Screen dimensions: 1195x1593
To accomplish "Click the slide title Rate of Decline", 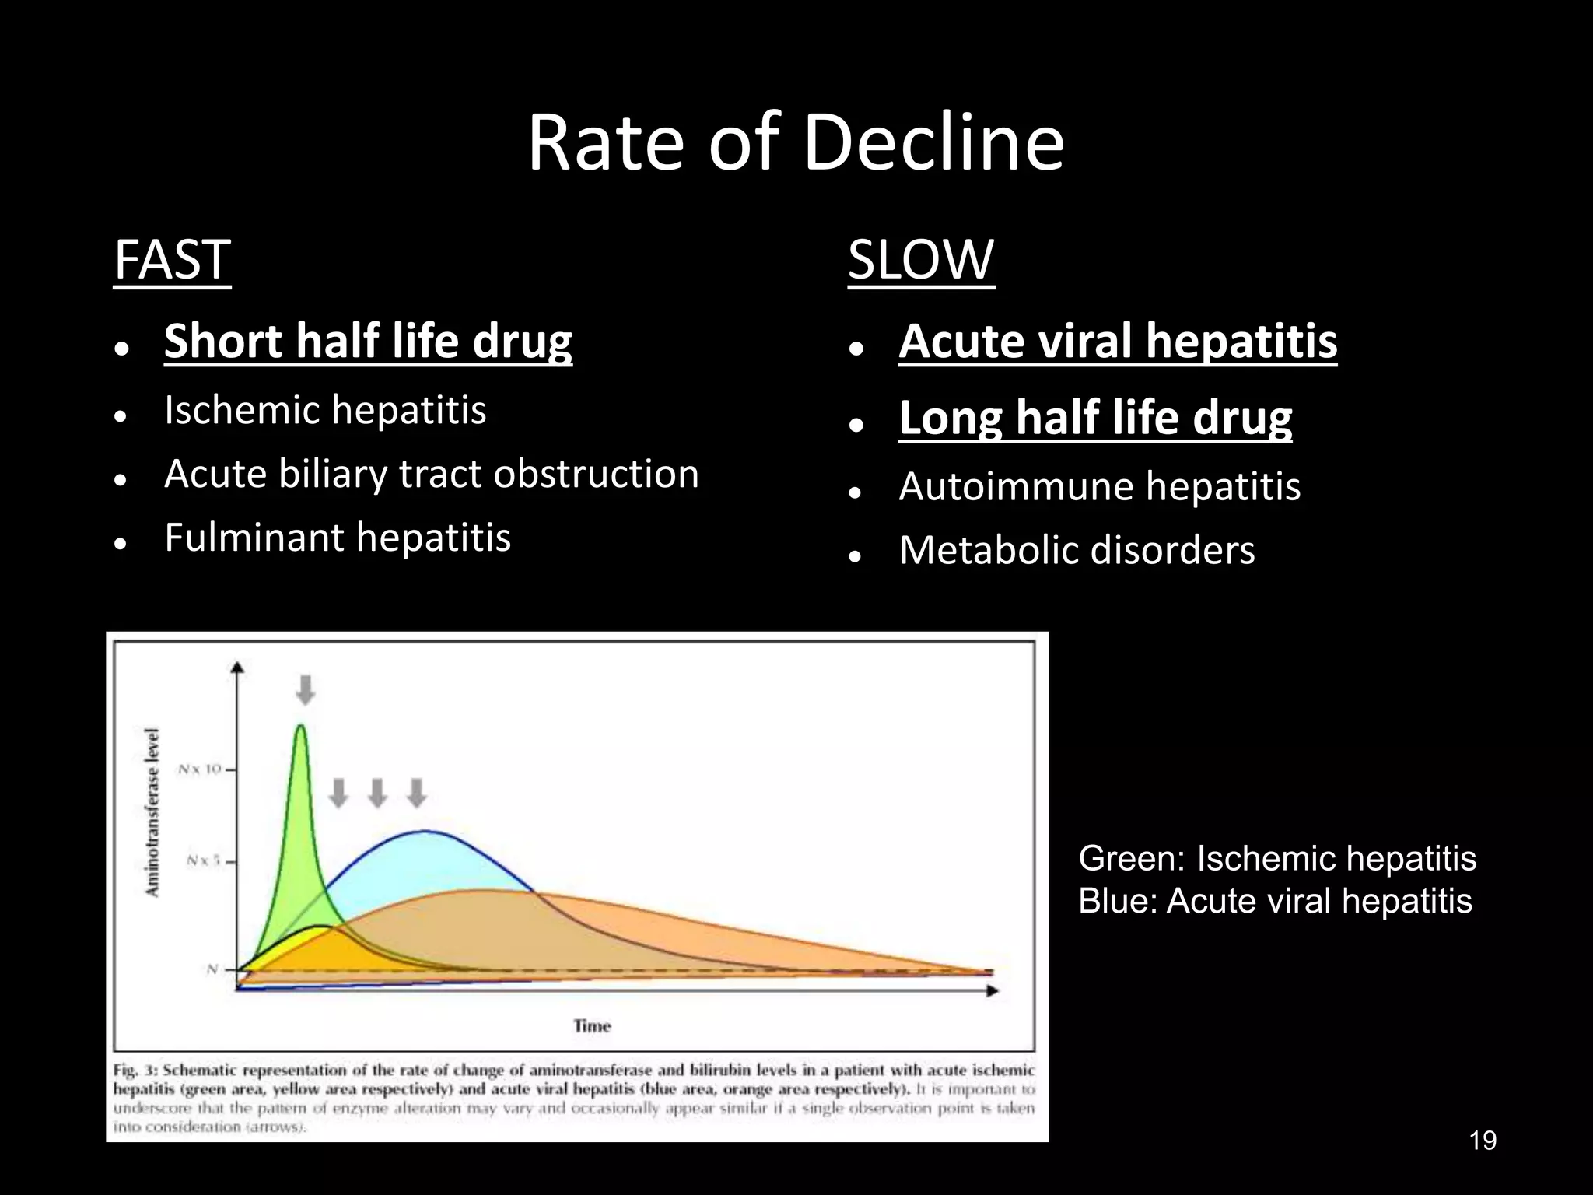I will point(796,143).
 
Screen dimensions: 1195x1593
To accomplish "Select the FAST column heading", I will point(172,260).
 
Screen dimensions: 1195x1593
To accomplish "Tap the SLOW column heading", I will point(921,260).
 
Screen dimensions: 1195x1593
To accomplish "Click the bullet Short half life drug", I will point(368,341).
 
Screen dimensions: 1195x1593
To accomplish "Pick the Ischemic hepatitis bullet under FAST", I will point(325,410).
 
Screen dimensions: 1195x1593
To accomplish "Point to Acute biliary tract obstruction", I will point(432,474).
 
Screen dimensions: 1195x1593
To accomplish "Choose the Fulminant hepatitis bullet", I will point(338,538).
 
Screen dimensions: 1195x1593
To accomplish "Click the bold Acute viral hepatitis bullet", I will point(1118,341).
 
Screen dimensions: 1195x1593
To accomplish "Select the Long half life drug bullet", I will point(1095,417).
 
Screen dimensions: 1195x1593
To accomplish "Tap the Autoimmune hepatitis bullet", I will point(1099,487).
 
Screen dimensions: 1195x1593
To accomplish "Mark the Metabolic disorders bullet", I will point(1077,550).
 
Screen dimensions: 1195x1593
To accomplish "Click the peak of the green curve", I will point(300,727).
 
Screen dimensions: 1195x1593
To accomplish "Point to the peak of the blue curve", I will point(424,832).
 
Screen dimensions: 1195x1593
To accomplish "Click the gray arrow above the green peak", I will point(306,689).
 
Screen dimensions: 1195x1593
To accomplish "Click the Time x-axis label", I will point(592,1025).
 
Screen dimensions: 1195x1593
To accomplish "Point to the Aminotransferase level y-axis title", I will point(153,812).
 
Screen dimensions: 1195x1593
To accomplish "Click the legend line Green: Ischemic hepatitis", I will point(1276,859).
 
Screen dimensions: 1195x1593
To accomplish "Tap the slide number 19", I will point(1483,1141).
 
